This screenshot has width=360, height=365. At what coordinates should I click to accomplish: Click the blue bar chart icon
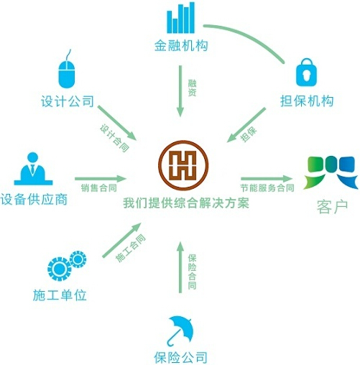pos(181,17)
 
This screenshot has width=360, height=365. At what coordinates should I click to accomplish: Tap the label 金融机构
pos(181,45)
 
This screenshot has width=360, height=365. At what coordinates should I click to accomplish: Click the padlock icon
pos(306,72)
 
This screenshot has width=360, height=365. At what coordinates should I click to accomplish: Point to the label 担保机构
pos(307,101)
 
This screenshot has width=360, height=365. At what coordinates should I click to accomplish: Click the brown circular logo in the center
pos(183,165)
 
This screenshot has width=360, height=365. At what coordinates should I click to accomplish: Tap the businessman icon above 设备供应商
pos(33,169)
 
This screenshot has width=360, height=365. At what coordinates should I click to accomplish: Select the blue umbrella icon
pos(180,331)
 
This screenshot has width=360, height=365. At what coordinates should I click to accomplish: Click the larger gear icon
pos(59,269)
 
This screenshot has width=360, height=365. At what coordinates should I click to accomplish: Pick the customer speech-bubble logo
pos(331,172)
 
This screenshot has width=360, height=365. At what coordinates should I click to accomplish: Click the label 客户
pos(332,207)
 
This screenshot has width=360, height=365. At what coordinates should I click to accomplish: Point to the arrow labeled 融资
pos(180,91)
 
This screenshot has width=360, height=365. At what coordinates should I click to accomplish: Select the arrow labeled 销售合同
pos(101,178)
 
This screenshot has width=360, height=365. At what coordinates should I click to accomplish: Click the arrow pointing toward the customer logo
pos(267,178)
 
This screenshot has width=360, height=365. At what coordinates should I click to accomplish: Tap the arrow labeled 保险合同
pos(180,267)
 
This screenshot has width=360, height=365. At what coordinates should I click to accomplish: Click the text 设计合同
pos(114,138)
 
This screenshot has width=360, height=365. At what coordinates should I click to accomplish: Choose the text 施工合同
pos(131,248)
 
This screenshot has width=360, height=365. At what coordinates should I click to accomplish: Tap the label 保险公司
pos(180,357)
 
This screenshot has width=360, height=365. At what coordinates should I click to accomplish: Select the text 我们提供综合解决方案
pos(186,203)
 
